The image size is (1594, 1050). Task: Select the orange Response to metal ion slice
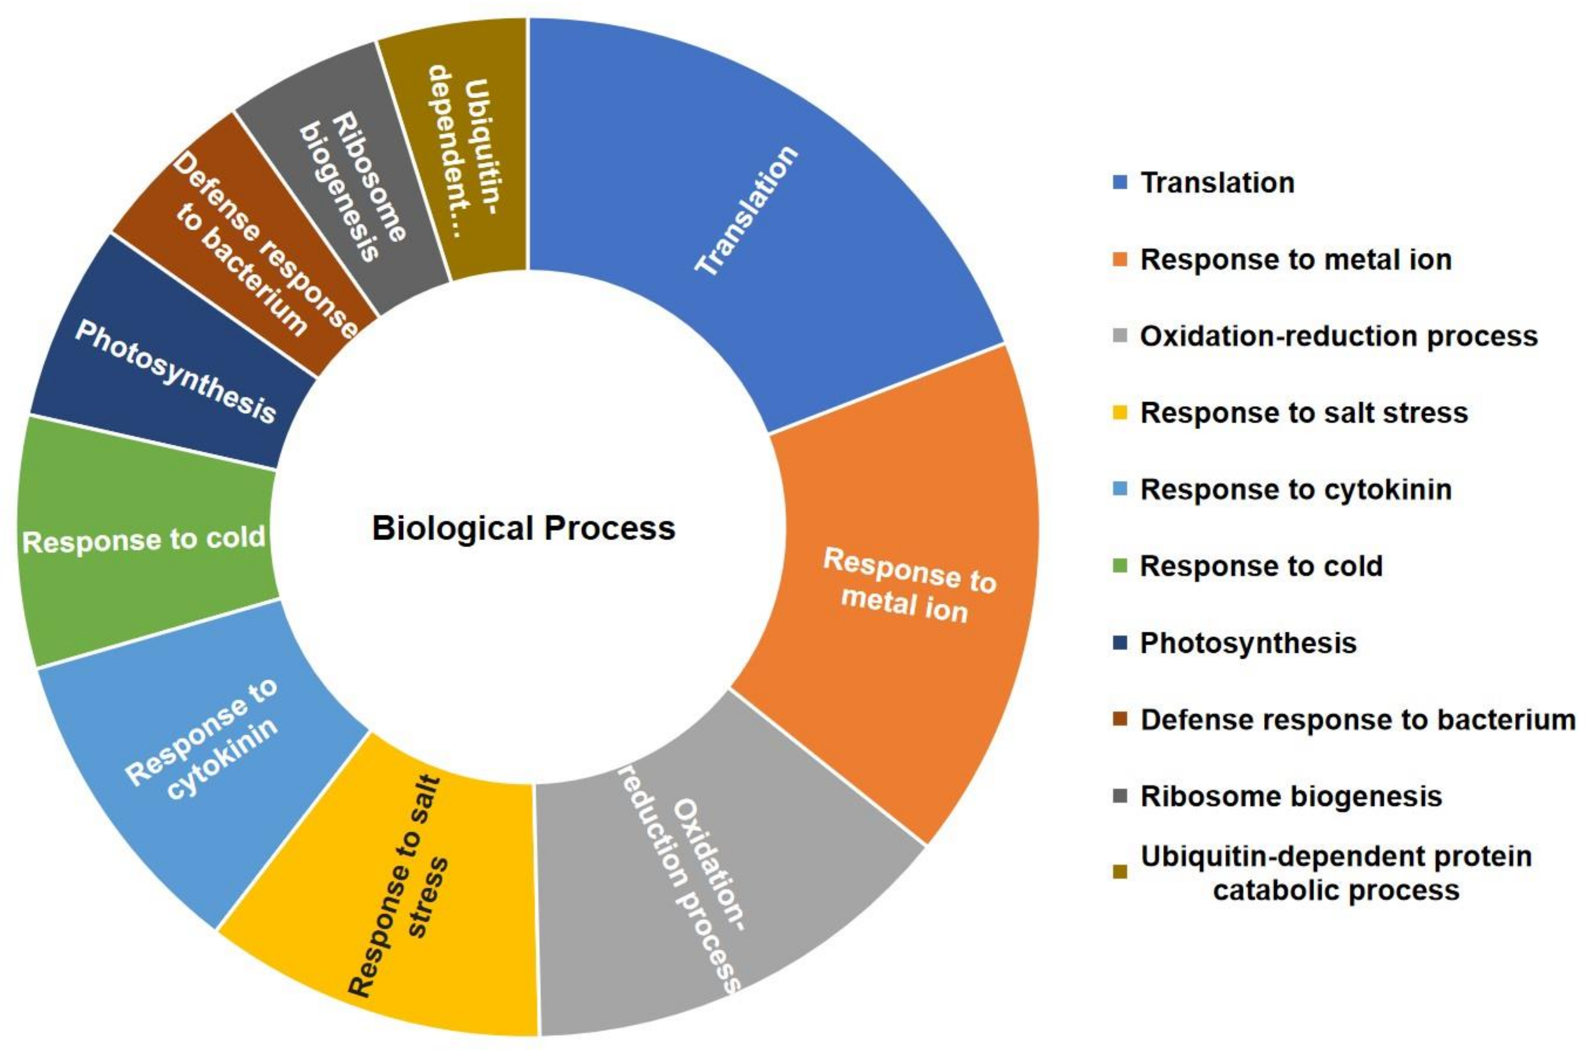(904, 589)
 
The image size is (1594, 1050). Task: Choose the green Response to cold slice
(144, 539)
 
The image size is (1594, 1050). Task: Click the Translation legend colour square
(1119, 182)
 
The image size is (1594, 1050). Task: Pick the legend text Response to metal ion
(1296, 259)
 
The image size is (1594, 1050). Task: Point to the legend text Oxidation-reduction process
(1339, 336)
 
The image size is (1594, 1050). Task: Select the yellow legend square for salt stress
(1119, 412)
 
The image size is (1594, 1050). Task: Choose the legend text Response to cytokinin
(1296, 489)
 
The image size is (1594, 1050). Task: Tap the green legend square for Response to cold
(1119, 566)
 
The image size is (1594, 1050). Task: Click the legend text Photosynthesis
(1248, 643)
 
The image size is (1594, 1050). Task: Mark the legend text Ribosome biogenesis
(1291, 796)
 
